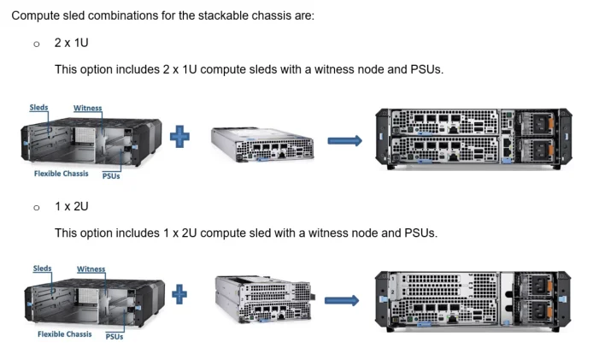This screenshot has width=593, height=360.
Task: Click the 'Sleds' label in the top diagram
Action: click(38, 108)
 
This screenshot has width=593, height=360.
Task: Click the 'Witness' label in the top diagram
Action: click(87, 108)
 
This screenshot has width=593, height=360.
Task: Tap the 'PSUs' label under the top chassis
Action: click(111, 176)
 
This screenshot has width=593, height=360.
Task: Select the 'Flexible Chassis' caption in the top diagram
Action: click(61, 174)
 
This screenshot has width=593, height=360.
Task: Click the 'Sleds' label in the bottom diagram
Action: click(42, 269)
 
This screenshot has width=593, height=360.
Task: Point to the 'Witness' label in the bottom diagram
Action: click(91, 269)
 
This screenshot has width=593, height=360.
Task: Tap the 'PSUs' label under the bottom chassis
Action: click(114, 337)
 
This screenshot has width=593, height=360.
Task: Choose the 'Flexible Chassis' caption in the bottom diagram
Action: click(64, 334)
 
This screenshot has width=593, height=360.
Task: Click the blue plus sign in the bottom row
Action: click(180, 296)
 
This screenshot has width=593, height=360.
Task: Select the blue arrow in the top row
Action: click(345, 139)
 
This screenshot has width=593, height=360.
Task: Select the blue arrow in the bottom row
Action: click(341, 300)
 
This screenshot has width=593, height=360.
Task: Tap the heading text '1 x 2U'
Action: click(72, 206)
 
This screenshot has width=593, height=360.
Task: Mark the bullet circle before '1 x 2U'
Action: click(36, 207)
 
